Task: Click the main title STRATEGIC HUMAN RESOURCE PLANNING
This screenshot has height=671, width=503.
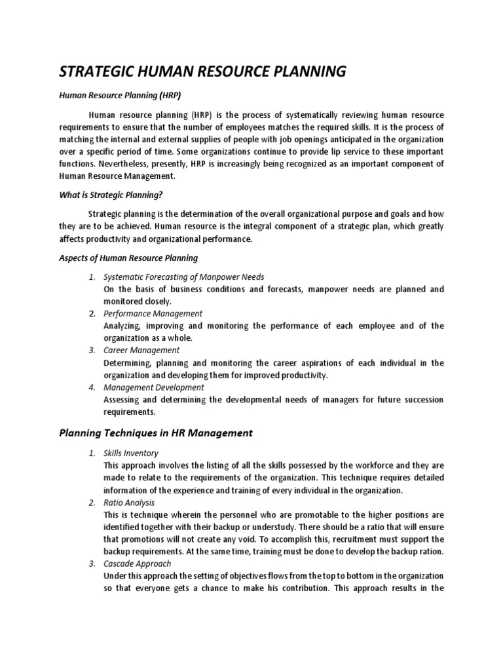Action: (202, 71)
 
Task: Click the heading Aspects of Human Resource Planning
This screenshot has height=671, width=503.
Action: (128, 258)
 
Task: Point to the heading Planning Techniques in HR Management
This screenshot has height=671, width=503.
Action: (156, 433)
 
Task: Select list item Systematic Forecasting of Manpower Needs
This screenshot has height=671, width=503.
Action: (184, 277)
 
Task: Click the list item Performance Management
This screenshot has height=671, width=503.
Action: (153, 314)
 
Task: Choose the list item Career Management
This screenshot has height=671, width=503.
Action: (141, 351)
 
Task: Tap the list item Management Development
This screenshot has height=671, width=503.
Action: (154, 387)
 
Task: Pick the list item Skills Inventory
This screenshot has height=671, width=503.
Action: (131, 453)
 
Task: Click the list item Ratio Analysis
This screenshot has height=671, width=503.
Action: (129, 503)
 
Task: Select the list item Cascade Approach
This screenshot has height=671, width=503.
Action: (138, 564)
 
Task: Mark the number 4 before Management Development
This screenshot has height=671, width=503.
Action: (92, 387)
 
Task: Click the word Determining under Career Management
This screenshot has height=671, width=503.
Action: (127, 363)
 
